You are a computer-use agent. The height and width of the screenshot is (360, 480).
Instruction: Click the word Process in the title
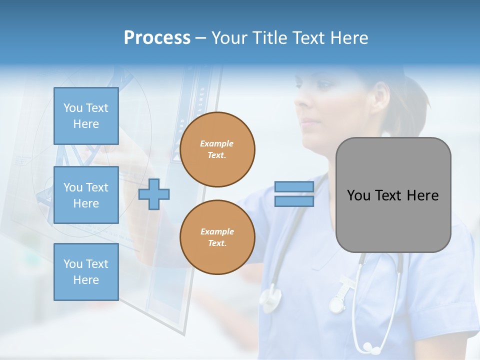pos(157,38)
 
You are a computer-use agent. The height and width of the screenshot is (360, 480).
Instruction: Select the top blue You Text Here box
pos(86,116)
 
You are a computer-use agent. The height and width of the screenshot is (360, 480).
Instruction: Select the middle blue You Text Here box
pos(86,195)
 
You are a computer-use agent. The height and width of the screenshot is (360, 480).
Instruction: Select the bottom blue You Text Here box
pos(86,271)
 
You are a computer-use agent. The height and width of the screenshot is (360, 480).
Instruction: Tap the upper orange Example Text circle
pos(217,149)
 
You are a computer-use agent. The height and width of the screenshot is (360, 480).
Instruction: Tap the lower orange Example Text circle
pos(217,237)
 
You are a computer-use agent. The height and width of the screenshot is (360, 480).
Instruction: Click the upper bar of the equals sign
pos(294,187)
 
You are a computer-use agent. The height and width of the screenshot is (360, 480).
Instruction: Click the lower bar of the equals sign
pos(294,201)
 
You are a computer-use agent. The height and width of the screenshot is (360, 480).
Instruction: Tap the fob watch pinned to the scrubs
pos(338,302)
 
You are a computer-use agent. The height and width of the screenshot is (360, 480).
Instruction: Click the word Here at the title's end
pos(349,38)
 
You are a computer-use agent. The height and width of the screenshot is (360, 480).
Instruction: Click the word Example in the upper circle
pos(217,143)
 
